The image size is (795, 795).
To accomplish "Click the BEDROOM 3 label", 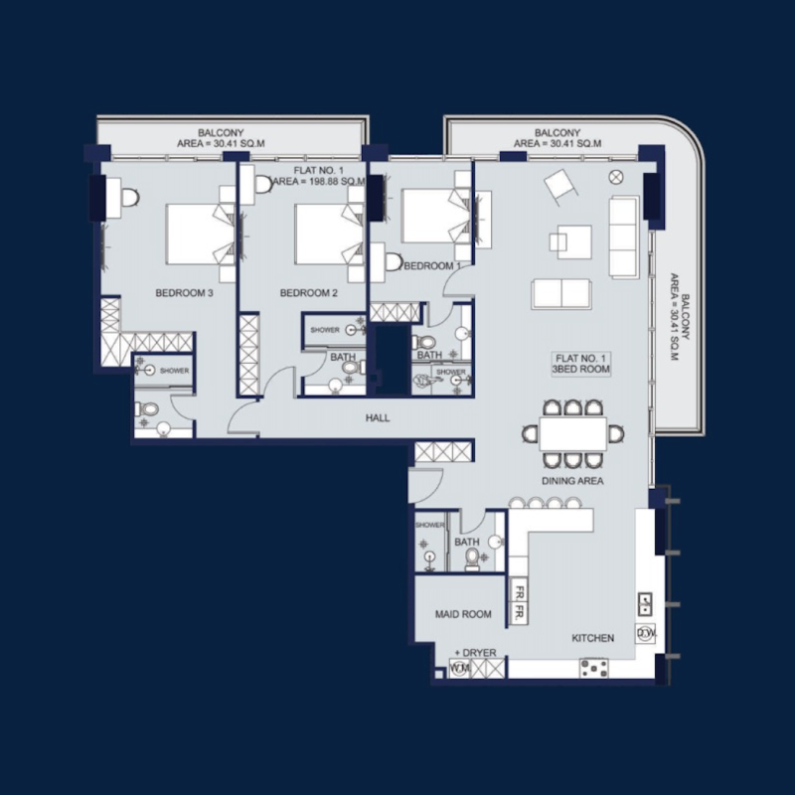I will click(x=185, y=293).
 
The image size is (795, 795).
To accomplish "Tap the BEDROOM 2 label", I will click(x=309, y=293).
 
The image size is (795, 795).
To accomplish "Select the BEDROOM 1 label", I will click(x=432, y=266).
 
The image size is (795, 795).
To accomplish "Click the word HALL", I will click(x=377, y=418).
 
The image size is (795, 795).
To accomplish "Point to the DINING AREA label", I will click(x=573, y=481).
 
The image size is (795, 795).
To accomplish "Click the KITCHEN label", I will click(x=592, y=637).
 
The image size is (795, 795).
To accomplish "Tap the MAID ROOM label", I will click(x=463, y=614).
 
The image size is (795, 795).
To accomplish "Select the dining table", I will click(x=573, y=432).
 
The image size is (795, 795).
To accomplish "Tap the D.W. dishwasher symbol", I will click(x=644, y=632).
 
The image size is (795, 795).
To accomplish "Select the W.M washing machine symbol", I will click(x=459, y=669).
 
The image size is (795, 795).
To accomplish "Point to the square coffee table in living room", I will click(x=573, y=239).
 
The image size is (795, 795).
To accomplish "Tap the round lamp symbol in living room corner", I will click(x=615, y=178).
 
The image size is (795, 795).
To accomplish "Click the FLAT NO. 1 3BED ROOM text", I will click(x=581, y=363).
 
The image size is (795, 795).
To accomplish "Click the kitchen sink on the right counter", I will click(x=644, y=602).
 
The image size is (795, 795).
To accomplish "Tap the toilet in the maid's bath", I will click(x=473, y=556).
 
